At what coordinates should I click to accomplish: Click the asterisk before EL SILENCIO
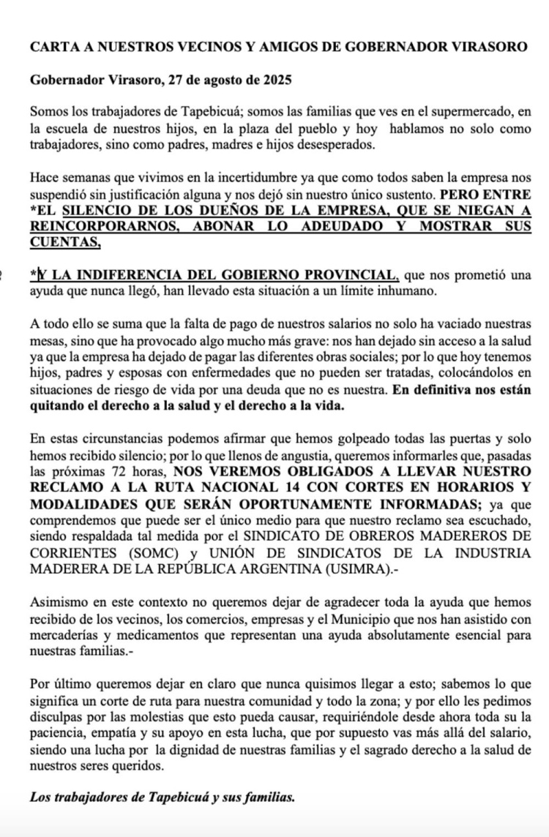tap(34, 209)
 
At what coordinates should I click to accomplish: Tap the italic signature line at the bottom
tap(163, 797)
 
